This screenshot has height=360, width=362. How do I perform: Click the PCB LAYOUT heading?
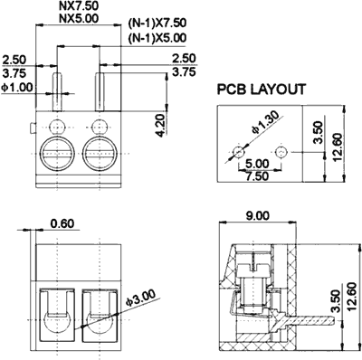pos(262,90)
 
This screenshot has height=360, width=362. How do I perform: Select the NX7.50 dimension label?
pos(79,5)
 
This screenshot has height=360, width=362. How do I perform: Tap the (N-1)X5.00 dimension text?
pos(157,38)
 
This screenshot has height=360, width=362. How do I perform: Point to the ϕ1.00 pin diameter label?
pos(17,88)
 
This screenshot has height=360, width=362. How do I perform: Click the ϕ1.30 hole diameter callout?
pos(264,123)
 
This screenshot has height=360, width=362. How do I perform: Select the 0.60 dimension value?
pos(62,223)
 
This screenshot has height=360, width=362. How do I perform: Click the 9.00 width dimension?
pos(257,216)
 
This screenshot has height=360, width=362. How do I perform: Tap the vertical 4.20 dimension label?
pos(163,125)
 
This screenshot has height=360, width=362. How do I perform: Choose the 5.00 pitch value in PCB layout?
pos(257,165)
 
